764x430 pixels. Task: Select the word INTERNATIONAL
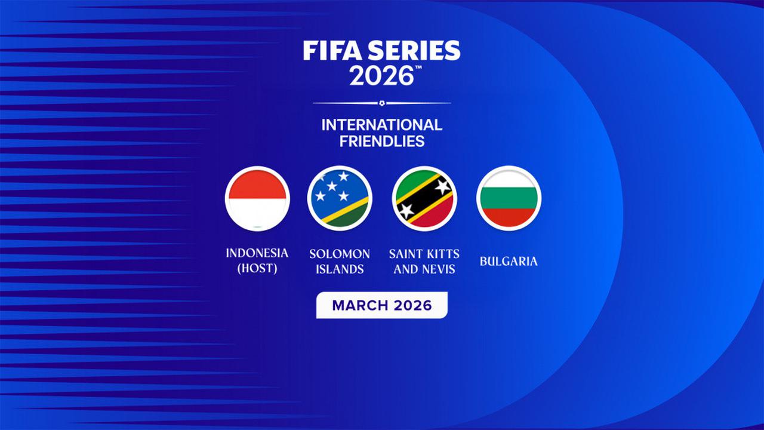pyautogui.click(x=382, y=125)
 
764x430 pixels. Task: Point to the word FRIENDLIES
pyautogui.click(x=382, y=141)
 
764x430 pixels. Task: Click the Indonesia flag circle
pyautogui.click(x=257, y=198)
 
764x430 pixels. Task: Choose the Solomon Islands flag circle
pyautogui.click(x=340, y=198)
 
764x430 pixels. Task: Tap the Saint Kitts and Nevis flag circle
pyautogui.click(x=424, y=198)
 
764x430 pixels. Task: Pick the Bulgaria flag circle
pyautogui.click(x=509, y=198)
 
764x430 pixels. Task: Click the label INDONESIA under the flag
pyautogui.click(x=257, y=253)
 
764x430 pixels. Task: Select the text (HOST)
pyautogui.click(x=257, y=269)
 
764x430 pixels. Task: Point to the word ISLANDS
pyautogui.click(x=340, y=269)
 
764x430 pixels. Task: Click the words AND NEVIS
pyautogui.click(x=424, y=269)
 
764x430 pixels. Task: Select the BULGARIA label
pyautogui.click(x=509, y=262)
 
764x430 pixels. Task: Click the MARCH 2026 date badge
pyautogui.click(x=381, y=305)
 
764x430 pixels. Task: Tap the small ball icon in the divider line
pyautogui.click(x=382, y=103)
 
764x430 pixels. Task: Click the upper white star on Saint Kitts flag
pyautogui.click(x=442, y=186)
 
